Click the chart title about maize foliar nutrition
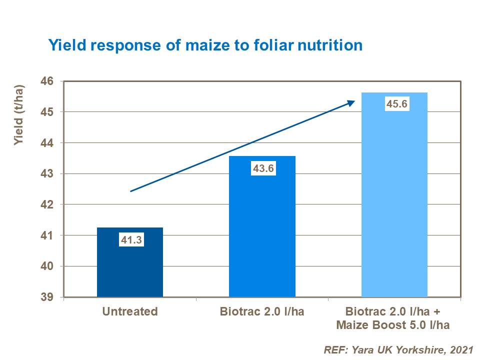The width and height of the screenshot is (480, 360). click(x=205, y=45)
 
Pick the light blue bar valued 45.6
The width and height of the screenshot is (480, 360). click(x=394, y=200)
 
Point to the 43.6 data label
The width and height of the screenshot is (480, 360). click(x=262, y=169)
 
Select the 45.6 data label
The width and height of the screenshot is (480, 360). click(x=394, y=105)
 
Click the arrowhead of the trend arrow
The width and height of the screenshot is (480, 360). click(x=351, y=102)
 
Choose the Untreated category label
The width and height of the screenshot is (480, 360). click(x=130, y=312)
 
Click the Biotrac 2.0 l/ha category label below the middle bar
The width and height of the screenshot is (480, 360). click(x=262, y=312)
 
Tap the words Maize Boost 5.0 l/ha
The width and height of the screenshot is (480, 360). click(x=393, y=325)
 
